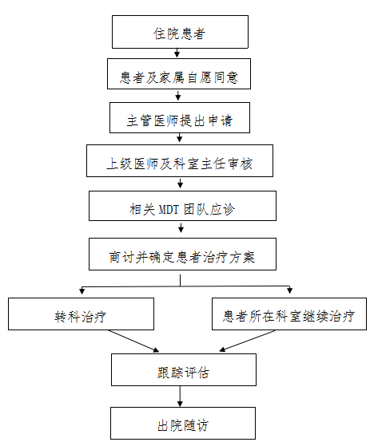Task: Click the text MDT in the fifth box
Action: pos(169,210)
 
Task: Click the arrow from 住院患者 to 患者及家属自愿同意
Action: pos(177,53)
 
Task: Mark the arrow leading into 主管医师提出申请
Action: pos(178,95)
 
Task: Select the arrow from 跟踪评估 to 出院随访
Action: pos(180,397)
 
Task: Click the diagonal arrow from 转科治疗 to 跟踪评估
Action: pos(133,341)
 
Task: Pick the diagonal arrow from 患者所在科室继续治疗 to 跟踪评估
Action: pos(247,341)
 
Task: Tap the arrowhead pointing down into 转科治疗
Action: pos(82,291)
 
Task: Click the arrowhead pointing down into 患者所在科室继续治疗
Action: pos(289,290)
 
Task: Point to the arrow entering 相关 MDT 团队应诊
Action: pos(180,184)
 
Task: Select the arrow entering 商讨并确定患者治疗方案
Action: pos(181,227)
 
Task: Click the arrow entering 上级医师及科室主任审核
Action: pos(179,138)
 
